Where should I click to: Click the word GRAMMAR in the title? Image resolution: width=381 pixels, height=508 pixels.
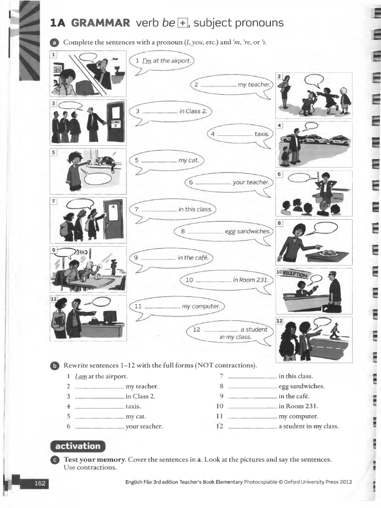101,23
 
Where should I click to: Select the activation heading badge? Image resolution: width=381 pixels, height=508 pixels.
78,445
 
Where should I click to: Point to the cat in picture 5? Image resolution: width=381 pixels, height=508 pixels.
106,162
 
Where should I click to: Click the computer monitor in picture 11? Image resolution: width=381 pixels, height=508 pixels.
110,316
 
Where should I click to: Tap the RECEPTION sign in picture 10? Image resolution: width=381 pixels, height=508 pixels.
295,274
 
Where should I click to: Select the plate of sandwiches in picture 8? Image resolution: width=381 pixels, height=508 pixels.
328,253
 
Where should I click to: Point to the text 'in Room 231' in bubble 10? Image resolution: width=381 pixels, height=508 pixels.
251,280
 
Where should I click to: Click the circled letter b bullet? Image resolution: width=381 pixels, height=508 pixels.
54,366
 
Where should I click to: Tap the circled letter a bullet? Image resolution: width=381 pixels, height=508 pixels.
54,43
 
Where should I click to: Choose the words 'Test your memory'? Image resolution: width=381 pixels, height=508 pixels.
94,459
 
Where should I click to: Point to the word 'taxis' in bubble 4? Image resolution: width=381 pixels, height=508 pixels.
261,134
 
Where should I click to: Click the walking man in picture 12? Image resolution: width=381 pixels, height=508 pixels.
335,330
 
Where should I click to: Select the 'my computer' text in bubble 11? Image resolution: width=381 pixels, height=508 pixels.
200,306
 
